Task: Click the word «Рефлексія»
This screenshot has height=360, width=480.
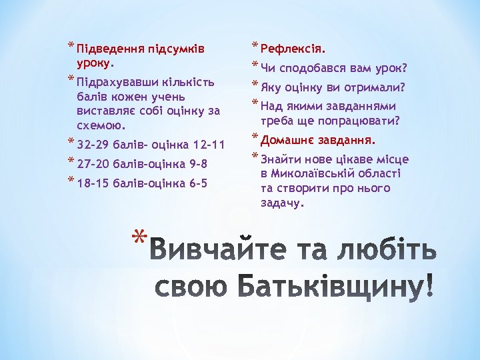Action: [x=291, y=49]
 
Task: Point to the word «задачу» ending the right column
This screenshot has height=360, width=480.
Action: [x=281, y=203]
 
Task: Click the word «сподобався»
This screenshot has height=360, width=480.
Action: [x=312, y=68]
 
